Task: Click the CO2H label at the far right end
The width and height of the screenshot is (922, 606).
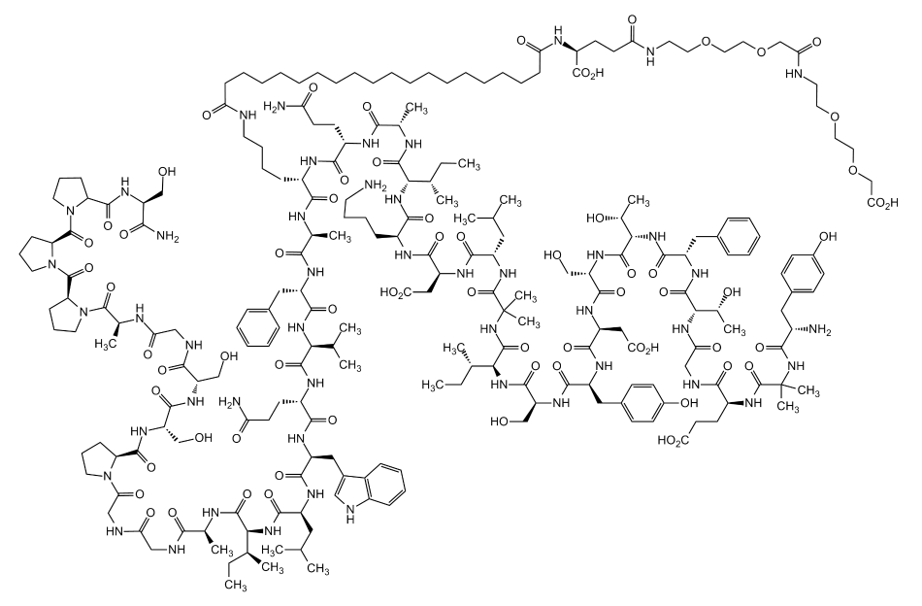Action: pos(882,204)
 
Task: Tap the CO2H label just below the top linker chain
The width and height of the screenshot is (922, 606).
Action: pos(588,73)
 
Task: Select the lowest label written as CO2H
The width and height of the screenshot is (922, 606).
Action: pos(642,349)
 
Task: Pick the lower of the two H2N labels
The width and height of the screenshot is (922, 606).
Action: pos(230,403)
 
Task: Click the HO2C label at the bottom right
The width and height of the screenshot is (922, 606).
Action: pos(673,441)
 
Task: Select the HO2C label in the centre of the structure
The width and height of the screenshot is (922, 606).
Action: pos(396,292)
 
